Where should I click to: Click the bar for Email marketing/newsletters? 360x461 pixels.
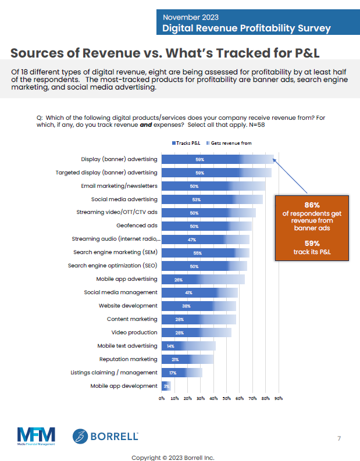coord(213,186)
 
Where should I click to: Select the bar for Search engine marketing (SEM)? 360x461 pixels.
coord(205,252)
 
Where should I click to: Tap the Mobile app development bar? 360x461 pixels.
coord(166,385)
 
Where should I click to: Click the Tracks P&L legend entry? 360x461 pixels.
coord(186,142)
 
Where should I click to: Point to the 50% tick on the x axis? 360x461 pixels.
coord(227,399)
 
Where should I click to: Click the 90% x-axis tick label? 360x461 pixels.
coord(279,399)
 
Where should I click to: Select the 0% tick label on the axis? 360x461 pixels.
coord(162,399)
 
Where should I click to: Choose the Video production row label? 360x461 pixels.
coord(134,333)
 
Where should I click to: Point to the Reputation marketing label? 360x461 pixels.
coord(128,359)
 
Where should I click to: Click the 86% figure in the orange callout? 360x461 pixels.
coord(311,205)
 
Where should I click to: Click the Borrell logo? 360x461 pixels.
coord(105,436)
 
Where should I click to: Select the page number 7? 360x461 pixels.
coord(339,438)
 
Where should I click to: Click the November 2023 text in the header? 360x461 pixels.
coord(187,17)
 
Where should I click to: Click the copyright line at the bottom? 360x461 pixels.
coord(173,457)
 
